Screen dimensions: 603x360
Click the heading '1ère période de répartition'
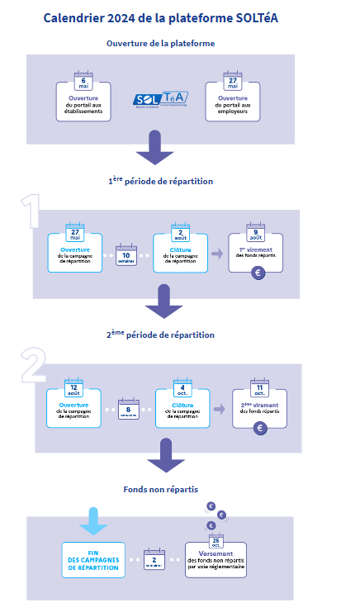coord(160,181)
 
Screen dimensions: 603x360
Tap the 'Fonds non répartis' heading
coord(161,489)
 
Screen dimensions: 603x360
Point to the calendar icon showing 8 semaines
coord(128,409)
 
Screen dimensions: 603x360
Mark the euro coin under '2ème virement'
coord(260,428)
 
